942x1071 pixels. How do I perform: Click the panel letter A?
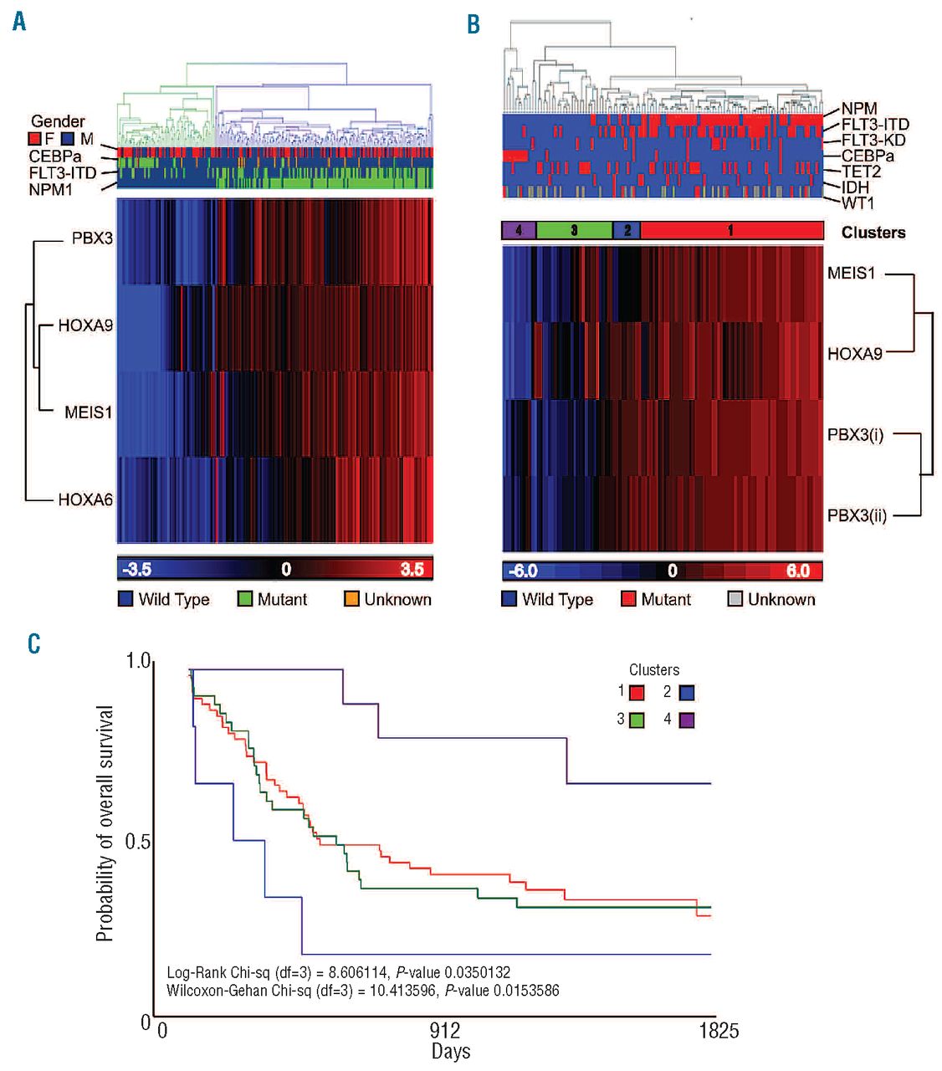tap(19, 21)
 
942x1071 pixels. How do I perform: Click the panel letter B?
tap(474, 24)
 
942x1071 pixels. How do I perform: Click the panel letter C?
tap(33, 643)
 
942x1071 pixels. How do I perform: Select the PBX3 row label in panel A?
tap(92, 238)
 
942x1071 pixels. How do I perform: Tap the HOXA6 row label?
tap(85, 500)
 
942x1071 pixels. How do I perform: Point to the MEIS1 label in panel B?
tap(851, 273)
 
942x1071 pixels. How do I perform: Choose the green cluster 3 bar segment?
tap(574, 230)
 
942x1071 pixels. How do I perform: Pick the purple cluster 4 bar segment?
tap(519, 230)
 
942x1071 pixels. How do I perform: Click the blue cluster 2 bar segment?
tap(627, 230)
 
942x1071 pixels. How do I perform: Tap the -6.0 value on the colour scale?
tap(523, 571)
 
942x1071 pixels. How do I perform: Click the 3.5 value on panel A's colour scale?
tap(412, 570)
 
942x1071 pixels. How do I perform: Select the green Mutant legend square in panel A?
tap(245, 599)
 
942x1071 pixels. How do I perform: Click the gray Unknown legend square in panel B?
tap(735, 599)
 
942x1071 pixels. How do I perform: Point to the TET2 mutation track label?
tap(859, 172)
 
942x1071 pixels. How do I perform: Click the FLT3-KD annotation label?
tap(873, 140)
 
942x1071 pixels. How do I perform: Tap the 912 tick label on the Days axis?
tap(445, 1030)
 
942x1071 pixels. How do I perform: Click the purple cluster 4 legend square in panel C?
tap(687, 720)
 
